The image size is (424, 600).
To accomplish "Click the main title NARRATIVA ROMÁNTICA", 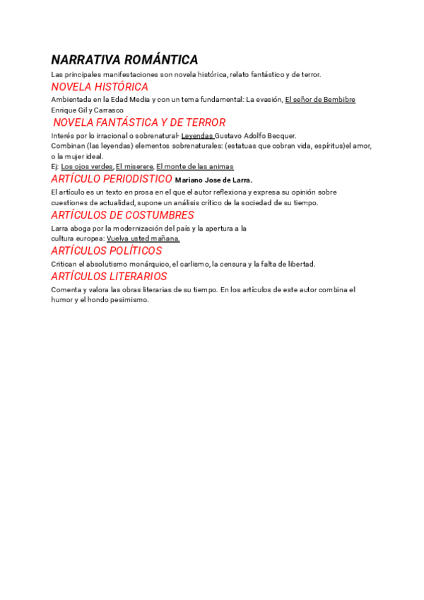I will coord(124,59).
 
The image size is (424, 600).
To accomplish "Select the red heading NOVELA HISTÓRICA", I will coord(100,87).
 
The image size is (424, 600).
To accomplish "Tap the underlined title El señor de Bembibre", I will coord(320,100).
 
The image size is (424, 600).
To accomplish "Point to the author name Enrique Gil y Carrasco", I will coord(88,110).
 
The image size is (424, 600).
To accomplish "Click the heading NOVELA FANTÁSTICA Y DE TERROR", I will coord(139,122).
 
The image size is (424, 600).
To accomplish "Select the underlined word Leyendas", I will coord(197,135).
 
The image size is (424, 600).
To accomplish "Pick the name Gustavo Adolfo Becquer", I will coord(256,135).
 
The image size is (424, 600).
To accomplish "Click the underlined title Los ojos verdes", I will coord(87,166).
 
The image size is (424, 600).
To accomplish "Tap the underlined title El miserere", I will coord(134,166).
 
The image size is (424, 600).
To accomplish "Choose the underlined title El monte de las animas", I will coord(194,166).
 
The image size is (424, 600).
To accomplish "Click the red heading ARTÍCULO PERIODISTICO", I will coord(112,179).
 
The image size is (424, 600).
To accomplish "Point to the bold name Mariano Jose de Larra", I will coord(213,180).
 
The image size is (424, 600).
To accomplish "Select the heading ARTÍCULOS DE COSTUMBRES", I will coord(122,215).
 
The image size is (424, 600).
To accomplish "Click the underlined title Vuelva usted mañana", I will coord(143,238).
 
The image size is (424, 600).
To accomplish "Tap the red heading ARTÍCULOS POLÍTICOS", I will coord(106,250).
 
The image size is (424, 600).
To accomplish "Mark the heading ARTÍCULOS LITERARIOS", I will coord(109,276).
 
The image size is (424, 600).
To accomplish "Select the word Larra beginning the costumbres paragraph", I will coord(60,229).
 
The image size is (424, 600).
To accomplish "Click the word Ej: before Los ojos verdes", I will coord(55,166).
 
